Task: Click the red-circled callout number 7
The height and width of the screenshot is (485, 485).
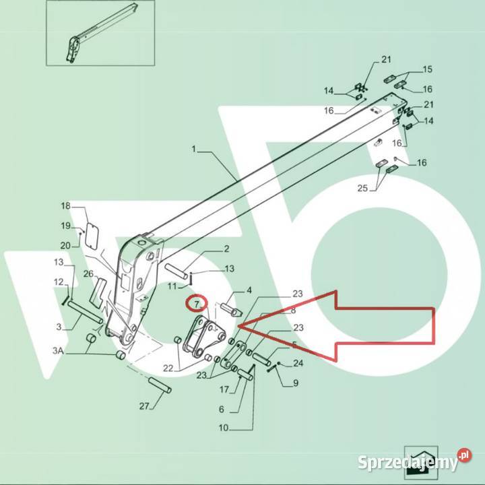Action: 197,304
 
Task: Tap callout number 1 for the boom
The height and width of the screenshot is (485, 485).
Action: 194,149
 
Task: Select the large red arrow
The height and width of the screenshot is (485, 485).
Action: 336,326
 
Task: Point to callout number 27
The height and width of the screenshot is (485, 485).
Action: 144,406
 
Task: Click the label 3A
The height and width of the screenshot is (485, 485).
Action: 58,350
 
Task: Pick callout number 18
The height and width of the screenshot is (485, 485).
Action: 65,205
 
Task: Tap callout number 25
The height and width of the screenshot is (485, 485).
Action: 362,188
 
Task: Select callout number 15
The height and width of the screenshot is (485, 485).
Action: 428,69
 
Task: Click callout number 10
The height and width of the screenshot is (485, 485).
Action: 224,428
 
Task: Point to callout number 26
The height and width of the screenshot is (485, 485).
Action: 88,273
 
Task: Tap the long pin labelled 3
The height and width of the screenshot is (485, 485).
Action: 85,313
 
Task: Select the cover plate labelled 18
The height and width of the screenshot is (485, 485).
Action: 92,236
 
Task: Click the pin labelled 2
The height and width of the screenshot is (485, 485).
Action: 176,271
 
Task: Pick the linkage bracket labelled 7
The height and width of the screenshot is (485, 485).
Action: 204,335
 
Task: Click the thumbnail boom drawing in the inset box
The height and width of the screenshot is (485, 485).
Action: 102,33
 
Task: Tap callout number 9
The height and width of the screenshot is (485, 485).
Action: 296,383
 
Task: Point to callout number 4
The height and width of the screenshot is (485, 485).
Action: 249,290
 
